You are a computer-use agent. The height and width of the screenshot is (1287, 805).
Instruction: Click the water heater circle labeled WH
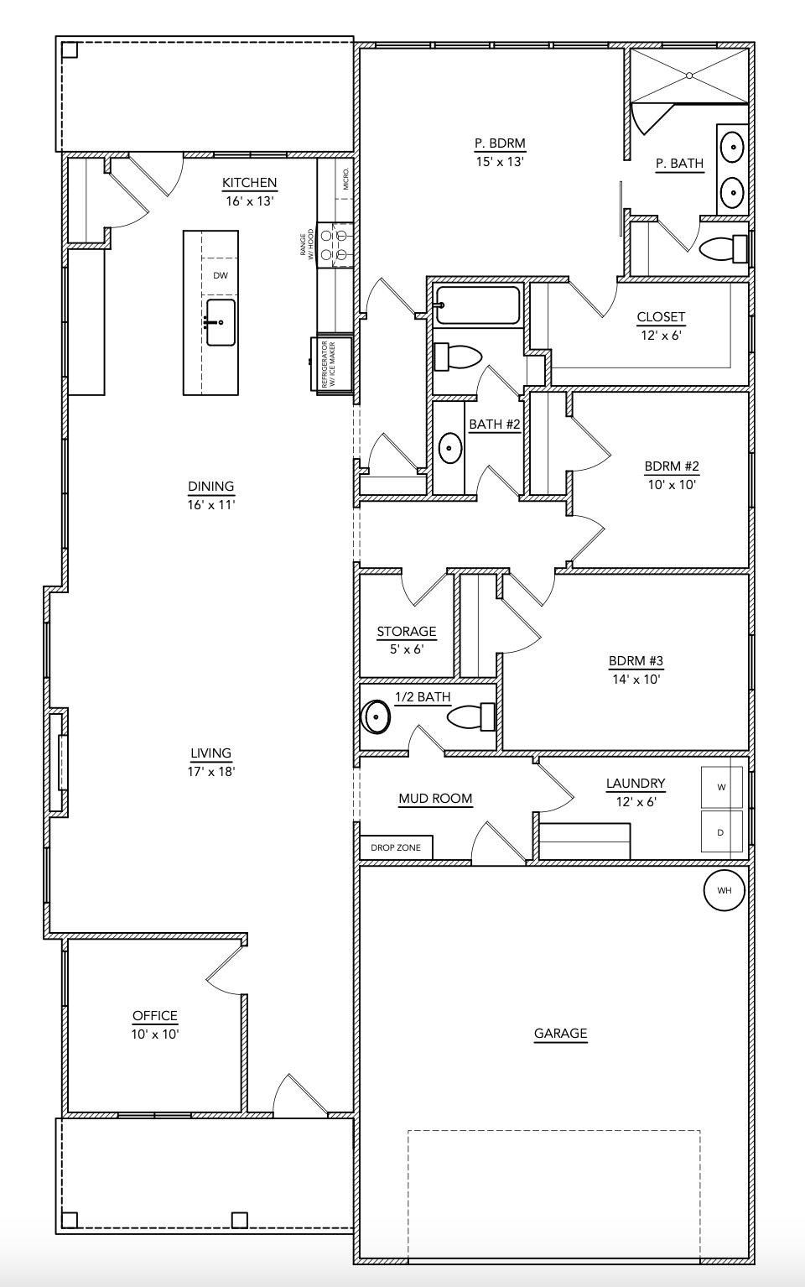point(724,889)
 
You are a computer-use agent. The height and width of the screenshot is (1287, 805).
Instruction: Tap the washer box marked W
point(721,787)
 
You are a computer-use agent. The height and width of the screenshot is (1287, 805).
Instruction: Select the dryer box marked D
point(721,832)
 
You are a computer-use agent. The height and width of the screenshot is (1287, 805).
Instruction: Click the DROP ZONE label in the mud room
point(396,847)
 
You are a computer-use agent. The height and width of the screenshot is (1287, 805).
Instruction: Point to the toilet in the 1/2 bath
point(470,717)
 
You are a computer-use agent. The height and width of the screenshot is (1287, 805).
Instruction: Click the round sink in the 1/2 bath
point(377,717)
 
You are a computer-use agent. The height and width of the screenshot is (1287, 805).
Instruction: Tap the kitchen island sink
point(221,322)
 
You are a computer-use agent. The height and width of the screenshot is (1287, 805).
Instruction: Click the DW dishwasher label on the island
point(220,275)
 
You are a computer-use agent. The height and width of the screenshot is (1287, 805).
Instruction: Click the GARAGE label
point(560,1034)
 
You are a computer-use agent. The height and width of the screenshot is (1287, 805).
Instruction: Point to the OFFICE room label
point(155,1016)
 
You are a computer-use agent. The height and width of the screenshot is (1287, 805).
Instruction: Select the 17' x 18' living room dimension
point(210,771)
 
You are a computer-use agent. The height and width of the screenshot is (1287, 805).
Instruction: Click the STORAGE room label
point(406,632)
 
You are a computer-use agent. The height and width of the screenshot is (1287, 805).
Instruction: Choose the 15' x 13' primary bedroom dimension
point(500,161)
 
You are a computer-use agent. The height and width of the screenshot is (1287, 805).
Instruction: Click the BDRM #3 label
point(636,661)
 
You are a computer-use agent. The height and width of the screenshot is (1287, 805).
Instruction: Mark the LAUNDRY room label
point(636,784)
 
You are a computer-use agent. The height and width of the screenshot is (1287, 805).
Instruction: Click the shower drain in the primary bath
point(689,76)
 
